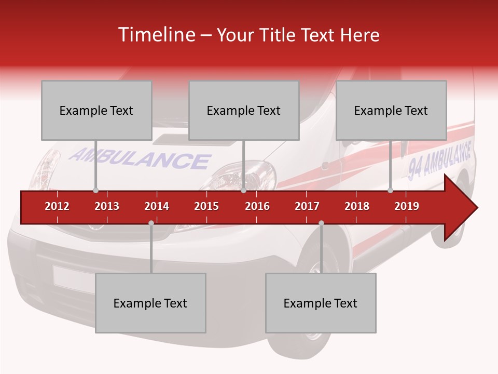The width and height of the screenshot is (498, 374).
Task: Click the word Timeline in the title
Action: pos(155,35)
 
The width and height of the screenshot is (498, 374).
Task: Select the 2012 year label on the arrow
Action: pos(57,206)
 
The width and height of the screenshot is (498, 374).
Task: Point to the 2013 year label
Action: pos(107,206)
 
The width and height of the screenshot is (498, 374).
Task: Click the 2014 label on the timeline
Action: pos(157,206)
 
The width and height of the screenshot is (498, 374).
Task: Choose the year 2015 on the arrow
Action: pos(206,206)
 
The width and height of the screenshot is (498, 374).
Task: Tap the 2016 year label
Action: pos(257,206)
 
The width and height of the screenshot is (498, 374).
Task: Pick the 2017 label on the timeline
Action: pos(307,206)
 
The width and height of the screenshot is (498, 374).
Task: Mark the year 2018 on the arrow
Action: pos(357,206)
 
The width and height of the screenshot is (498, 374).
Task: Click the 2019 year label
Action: pos(407,206)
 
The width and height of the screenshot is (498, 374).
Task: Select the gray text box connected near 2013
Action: pos(96,110)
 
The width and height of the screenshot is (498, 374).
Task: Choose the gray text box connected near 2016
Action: pos(244,110)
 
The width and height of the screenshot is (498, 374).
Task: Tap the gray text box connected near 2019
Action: pos(391,110)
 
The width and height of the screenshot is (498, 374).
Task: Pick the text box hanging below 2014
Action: pos(150,303)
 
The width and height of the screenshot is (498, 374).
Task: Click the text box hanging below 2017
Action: pos(321,303)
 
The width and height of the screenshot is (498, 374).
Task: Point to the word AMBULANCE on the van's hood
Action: pos(140,159)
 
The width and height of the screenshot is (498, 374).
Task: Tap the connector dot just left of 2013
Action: pos(95,190)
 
